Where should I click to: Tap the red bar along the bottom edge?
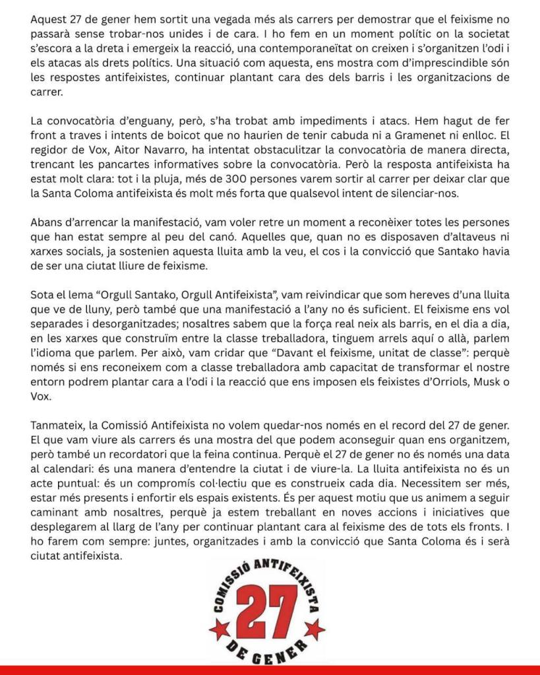270,670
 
